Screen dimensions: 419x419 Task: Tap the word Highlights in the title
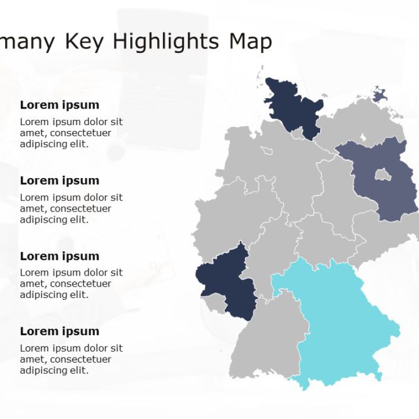point(166,41)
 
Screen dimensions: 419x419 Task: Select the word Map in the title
point(250,41)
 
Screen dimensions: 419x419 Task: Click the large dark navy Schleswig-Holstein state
point(291,108)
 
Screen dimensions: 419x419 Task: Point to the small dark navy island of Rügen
point(380,96)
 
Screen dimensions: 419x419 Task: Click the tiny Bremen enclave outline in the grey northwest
point(266,151)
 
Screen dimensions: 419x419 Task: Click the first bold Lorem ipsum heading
point(60,105)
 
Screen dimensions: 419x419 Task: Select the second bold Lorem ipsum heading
point(60,180)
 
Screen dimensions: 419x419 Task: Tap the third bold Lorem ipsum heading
point(60,256)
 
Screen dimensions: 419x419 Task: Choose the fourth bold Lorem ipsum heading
point(60,331)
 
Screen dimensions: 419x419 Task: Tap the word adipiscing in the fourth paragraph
point(43,370)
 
